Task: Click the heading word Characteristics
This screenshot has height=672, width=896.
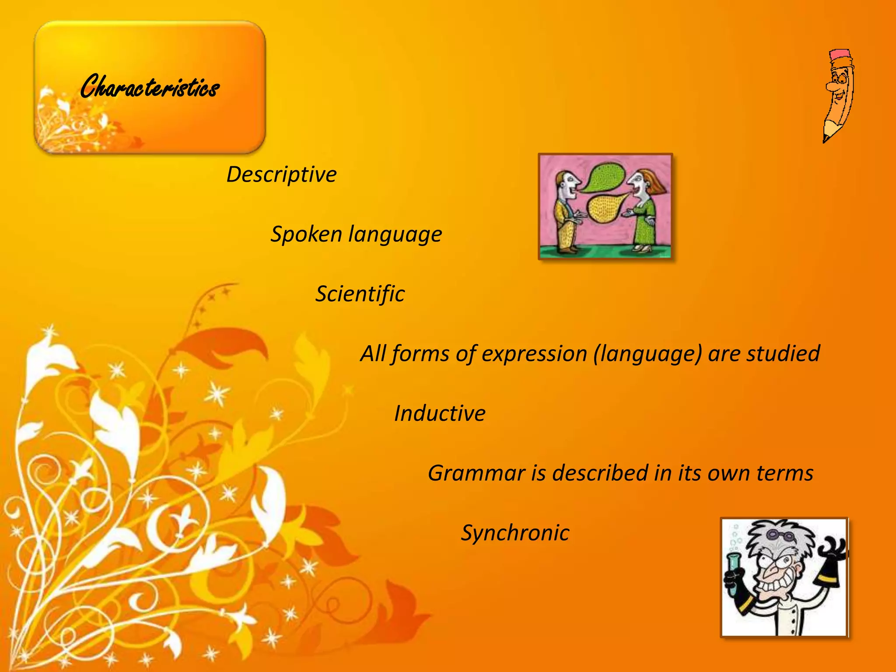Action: pos(150,87)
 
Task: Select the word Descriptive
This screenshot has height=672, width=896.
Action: pos(281,175)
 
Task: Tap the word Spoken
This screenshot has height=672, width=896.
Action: pos(306,234)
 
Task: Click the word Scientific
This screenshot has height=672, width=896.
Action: pos(360,294)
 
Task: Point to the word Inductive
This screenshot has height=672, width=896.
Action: pos(440,413)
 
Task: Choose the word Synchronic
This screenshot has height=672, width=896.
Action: pos(515,533)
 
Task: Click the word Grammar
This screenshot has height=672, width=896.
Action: pos(476,473)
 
